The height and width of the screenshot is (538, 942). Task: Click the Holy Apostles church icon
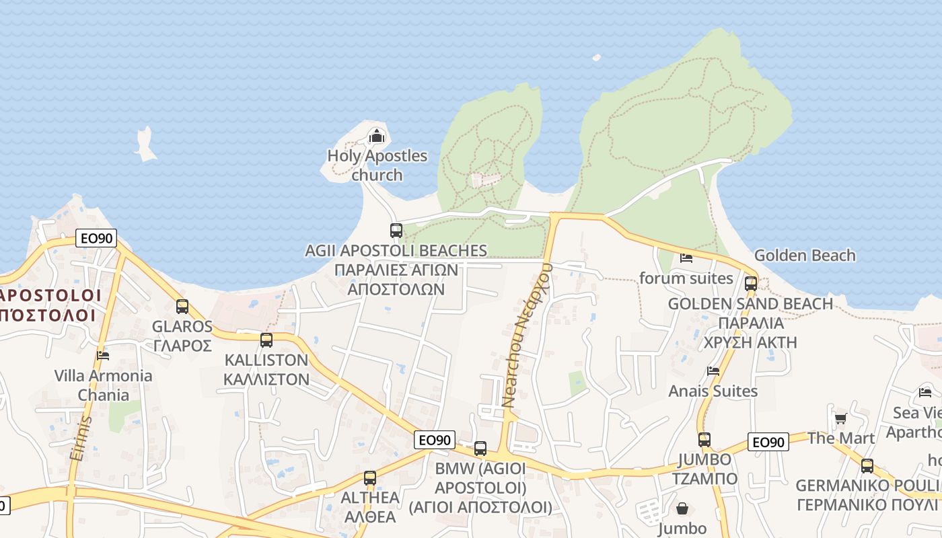click(x=377, y=137)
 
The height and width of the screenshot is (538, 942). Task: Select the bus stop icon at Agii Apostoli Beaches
click(x=396, y=231)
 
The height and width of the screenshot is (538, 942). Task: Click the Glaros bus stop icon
click(x=182, y=307)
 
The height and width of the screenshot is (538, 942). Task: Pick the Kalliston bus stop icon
click(x=266, y=340)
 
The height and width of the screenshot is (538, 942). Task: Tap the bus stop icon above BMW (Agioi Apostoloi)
click(x=480, y=449)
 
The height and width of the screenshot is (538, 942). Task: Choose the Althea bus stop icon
click(x=370, y=478)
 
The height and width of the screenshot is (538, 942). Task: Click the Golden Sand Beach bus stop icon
click(x=751, y=284)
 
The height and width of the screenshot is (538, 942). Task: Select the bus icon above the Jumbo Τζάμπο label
click(x=704, y=440)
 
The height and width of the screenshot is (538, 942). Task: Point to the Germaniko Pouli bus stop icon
click(x=867, y=465)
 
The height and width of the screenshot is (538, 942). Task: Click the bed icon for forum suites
click(x=686, y=258)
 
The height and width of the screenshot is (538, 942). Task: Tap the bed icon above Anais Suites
click(x=713, y=371)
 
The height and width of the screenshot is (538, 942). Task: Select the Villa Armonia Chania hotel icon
click(x=103, y=355)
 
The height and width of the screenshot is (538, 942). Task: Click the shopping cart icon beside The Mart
click(x=840, y=419)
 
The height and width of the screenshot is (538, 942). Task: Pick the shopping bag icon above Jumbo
click(x=682, y=508)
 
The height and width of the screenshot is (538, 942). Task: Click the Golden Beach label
click(x=805, y=256)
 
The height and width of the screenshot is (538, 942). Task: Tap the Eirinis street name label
click(x=79, y=438)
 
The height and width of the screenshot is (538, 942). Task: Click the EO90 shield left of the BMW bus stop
click(x=434, y=440)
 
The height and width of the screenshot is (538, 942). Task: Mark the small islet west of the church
click(x=145, y=144)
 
